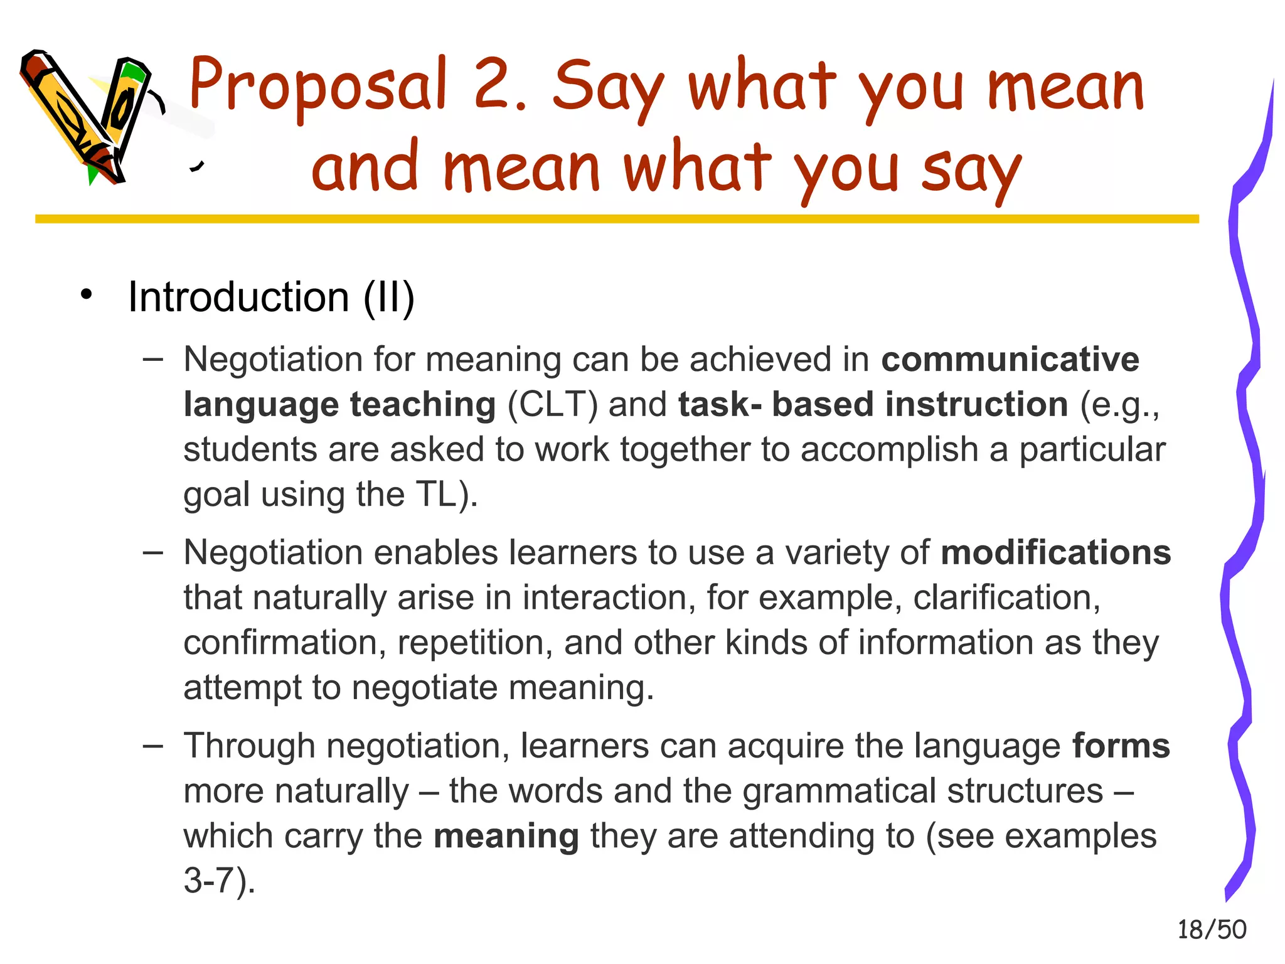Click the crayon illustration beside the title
88,116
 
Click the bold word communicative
1010,360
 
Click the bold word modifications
1056,553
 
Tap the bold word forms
1121,746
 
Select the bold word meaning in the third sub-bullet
506,837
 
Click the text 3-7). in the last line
220,881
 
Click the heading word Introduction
238,297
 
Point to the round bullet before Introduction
87,294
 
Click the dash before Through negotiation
152,746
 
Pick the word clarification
1006,598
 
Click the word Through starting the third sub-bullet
249,746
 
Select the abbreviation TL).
447,495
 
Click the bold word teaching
423,405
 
